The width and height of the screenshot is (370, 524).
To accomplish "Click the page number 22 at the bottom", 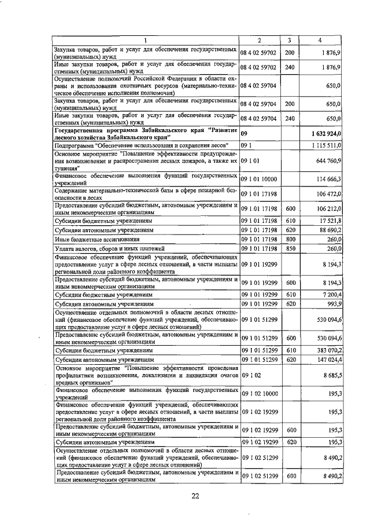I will (x=195, y=496).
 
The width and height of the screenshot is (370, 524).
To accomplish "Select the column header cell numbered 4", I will (x=319, y=40).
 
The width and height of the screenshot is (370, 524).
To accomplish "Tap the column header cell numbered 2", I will (x=259, y=40).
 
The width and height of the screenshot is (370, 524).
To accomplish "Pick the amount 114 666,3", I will (x=328, y=181).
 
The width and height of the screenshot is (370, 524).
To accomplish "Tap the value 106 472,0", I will (x=328, y=194).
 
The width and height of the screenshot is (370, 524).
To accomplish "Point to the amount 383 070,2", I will (x=328, y=351).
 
